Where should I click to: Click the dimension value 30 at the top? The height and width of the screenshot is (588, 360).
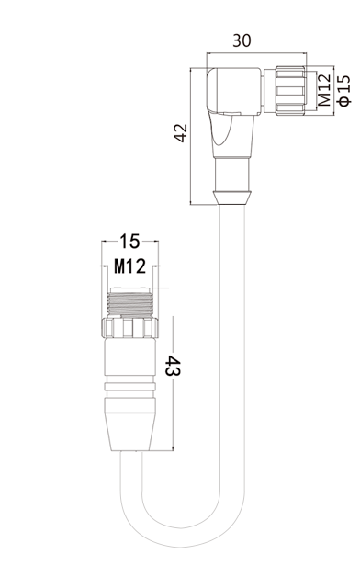point(242,40)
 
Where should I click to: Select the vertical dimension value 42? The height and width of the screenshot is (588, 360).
point(180,132)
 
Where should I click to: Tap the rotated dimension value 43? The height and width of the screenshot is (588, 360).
point(174,366)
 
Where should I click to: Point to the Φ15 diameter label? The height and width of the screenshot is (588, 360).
point(344,90)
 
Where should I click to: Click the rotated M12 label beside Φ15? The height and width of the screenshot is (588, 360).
point(325,90)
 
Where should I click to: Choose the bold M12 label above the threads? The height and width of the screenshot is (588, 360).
point(129,266)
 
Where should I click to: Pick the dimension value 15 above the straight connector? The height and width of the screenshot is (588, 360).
point(129,242)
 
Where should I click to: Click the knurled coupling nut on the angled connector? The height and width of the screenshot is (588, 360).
point(290,90)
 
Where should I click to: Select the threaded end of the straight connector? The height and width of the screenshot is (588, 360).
point(130,302)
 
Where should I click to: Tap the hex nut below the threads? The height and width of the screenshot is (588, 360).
point(129,328)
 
